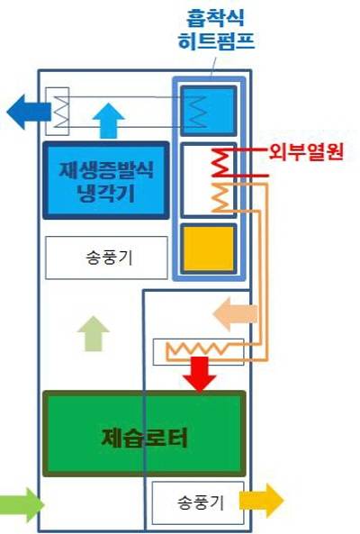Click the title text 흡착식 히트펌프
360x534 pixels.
coord(216,30)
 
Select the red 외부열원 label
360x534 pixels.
coord(306,152)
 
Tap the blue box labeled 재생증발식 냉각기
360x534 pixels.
coord(106,180)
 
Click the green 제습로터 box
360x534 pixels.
coord(144,433)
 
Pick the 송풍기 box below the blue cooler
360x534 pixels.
coord(106,258)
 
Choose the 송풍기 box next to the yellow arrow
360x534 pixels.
coord(198,502)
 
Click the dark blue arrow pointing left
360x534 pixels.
coord(29,112)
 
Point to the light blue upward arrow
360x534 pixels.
coord(109,121)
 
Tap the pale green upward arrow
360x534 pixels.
coord(93,334)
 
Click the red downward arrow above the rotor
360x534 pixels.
coord(200,374)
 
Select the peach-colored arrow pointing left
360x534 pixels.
coord(235,314)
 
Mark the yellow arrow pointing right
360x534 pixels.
coord(261,501)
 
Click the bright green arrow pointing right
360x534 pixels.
coord(21,504)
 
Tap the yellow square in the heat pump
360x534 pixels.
coord(209,249)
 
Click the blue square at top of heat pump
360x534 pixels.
coord(209,111)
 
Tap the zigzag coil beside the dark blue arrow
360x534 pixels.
coord(60,112)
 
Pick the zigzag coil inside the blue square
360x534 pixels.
coord(197,112)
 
